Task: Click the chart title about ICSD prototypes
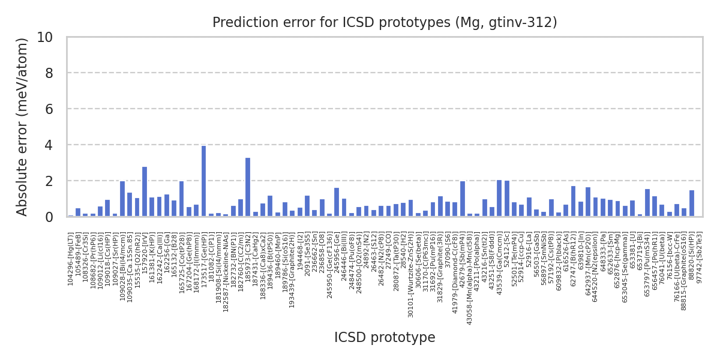tap(385, 23)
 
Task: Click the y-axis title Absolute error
tap(23, 127)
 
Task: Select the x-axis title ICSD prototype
tap(385, 338)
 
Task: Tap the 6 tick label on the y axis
tap(52, 109)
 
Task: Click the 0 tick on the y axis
tap(52, 217)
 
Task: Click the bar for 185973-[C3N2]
tap(248, 187)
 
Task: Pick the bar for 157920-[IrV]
tap(145, 192)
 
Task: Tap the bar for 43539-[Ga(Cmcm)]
tap(499, 199)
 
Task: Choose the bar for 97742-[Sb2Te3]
tap(692, 203)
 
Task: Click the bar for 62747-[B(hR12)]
tap(573, 202)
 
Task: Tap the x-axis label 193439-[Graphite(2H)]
tap(292, 271)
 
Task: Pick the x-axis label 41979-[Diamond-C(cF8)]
tap(455, 270)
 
